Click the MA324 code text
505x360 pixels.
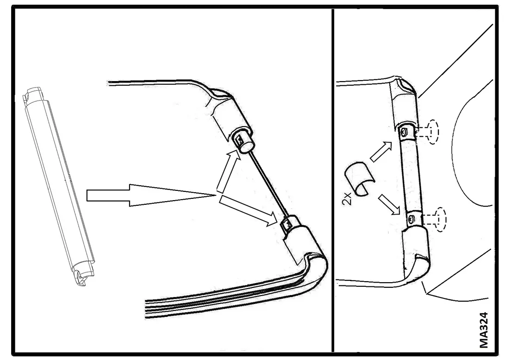point(484,330)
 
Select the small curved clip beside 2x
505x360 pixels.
point(361,178)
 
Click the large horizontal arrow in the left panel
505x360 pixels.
point(151,196)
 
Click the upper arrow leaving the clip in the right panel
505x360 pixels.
point(381,152)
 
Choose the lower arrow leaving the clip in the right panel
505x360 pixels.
point(389,204)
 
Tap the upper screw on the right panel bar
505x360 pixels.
point(404,131)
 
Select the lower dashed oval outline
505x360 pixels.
point(441,220)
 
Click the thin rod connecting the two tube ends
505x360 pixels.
point(268,185)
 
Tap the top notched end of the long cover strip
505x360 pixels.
point(32,94)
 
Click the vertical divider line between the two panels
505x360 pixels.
point(333,181)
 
